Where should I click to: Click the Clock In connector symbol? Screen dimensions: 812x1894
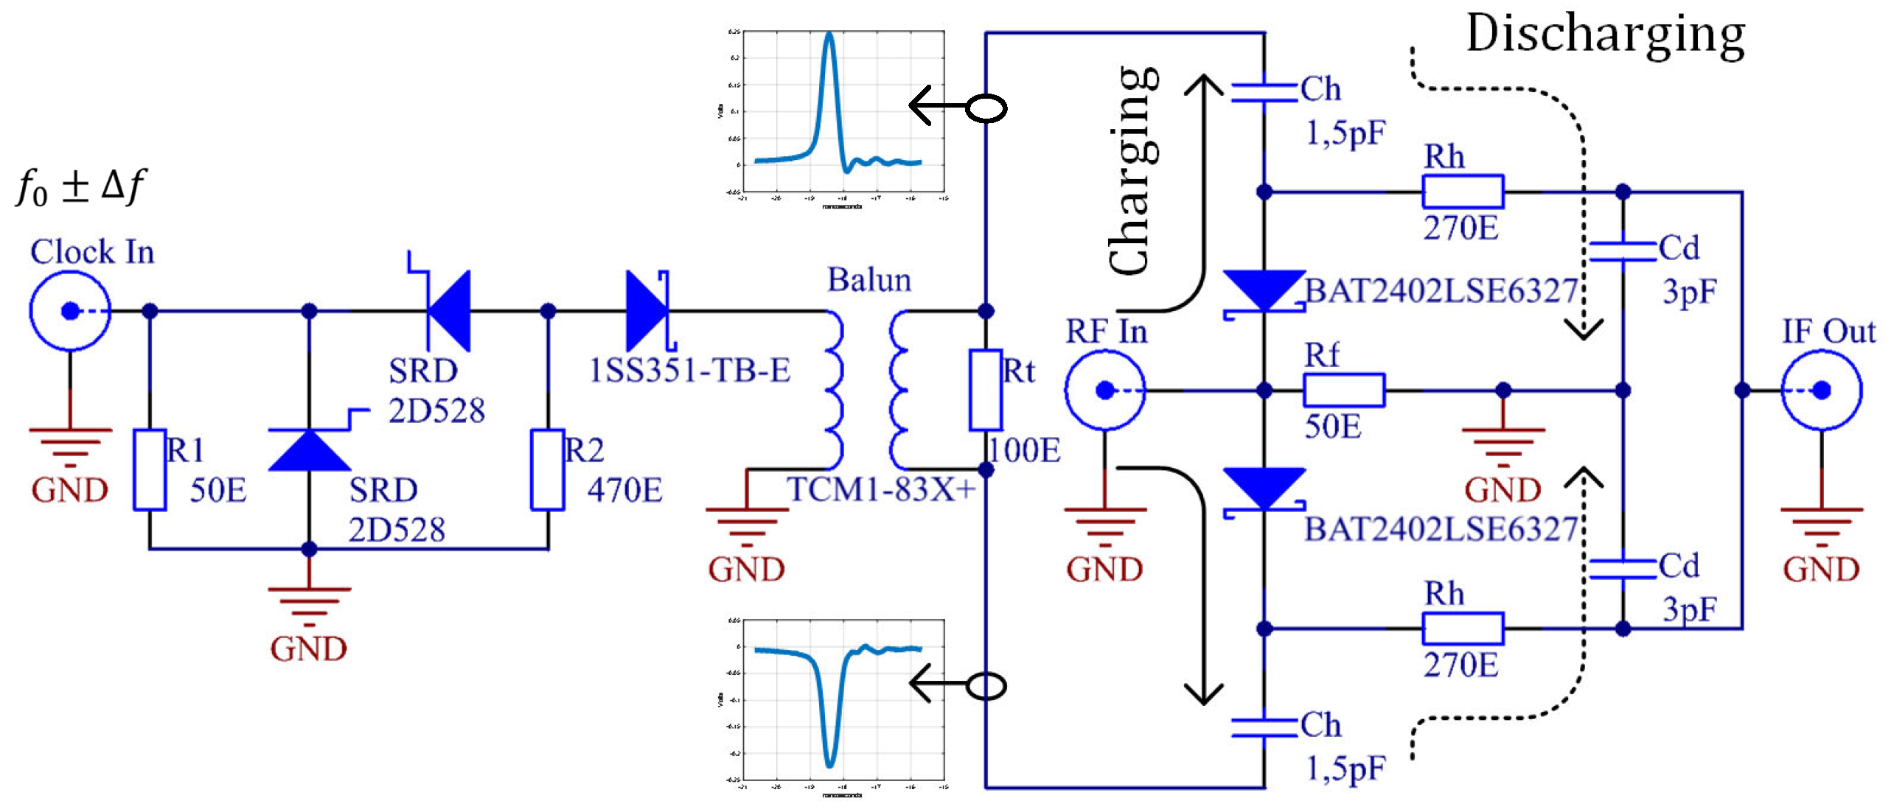[70, 311]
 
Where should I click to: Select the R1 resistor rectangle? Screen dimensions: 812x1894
[150, 469]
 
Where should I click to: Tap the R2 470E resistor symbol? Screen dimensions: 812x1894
[548, 469]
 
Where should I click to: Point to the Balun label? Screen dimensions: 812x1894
[868, 280]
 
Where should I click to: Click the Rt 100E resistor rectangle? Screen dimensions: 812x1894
[985, 390]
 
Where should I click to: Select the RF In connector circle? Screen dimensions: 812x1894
[1104, 390]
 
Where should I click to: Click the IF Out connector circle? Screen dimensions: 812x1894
[1821, 390]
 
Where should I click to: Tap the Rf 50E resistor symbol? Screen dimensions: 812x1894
[1343, 390]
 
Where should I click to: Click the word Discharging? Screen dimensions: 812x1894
[1605, 34]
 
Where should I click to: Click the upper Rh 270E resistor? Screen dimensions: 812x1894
[1462, 192]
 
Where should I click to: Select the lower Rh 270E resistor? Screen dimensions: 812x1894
[1462, 629]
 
